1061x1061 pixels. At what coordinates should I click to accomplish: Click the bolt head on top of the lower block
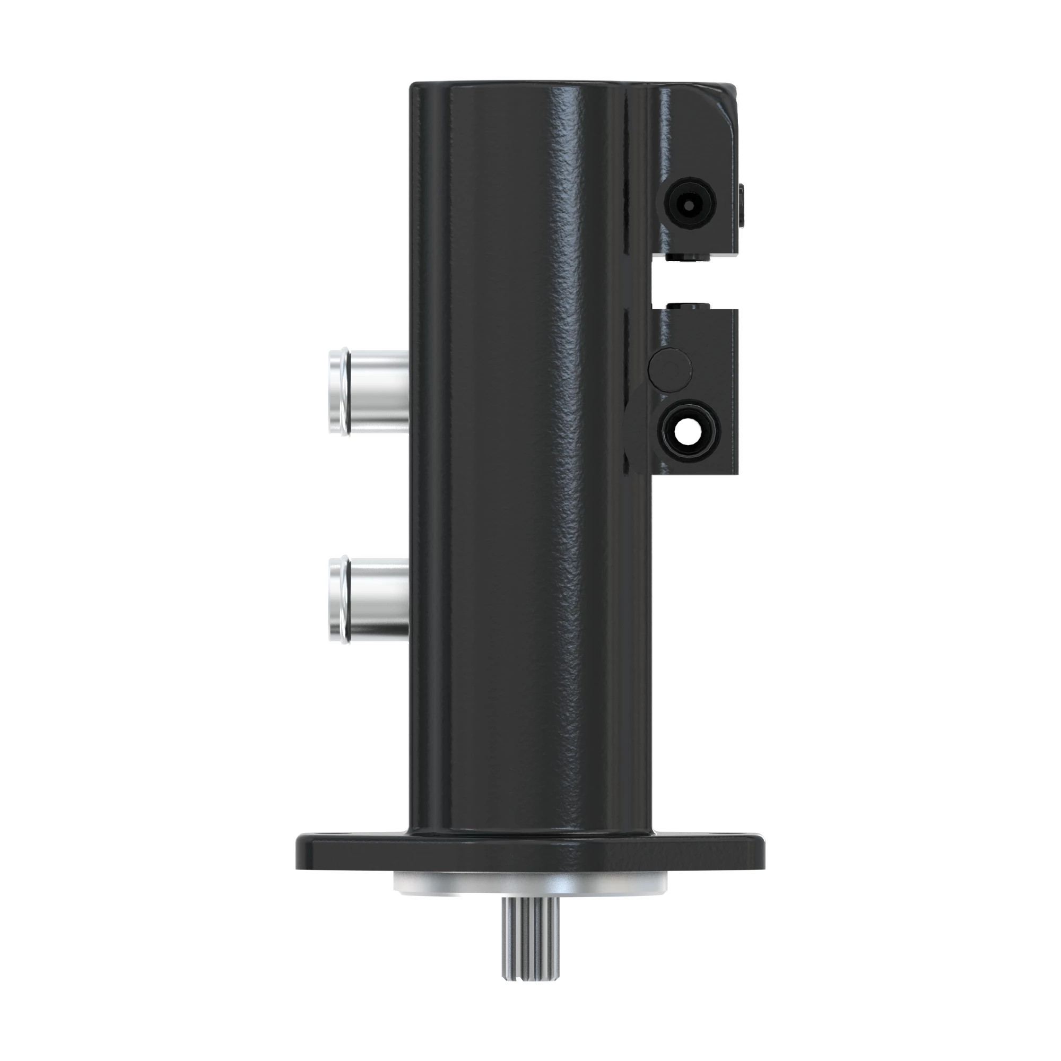point(688,305)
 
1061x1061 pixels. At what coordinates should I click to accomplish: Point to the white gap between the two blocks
point(695,281)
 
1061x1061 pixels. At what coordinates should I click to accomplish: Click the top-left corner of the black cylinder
point(415,87)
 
